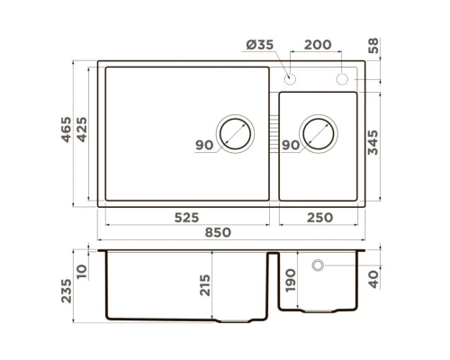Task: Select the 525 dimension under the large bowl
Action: pos(186,217)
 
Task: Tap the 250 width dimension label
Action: pos(319,217)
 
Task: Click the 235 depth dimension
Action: pos(65,290)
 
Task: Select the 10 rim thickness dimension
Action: pos(83,270)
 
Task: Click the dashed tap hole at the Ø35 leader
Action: pos(290,79)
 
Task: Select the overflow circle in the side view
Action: pos(318,265)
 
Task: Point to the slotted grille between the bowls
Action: pos(274,134)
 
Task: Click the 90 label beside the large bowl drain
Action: pos(203,145)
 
